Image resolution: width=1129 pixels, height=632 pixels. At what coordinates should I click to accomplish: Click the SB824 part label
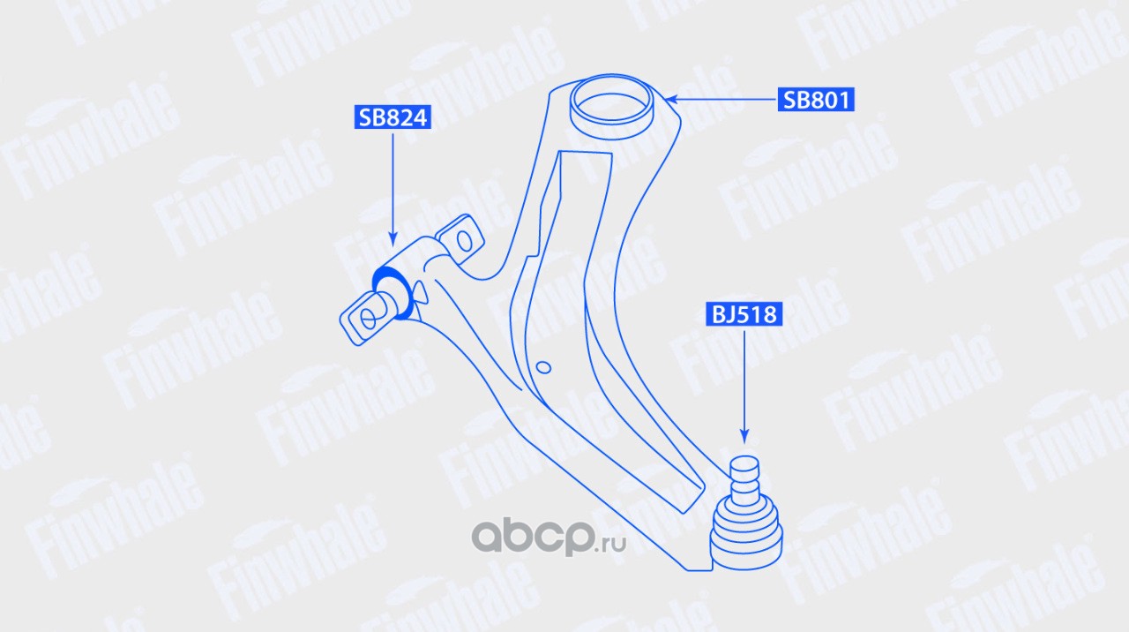pyautogui.click(x=393, y=117)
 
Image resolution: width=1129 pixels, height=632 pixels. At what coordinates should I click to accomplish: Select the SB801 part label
pyautogui.click(x=816, y=100)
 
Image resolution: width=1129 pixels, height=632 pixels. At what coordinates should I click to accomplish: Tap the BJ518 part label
pyautogui.click(x=744, y=314)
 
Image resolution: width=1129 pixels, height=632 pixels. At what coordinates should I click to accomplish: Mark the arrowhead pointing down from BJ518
pyautogui.click(x=744, y=437)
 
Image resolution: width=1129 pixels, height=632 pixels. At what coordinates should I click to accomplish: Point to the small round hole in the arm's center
pyautogui.click(x=543, y=367)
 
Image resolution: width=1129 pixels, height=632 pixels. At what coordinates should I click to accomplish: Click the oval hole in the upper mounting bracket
pyautogui.click(x=464, y=241)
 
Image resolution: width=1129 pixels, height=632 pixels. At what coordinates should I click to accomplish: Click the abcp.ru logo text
pyautogui.click(x=549, y=538)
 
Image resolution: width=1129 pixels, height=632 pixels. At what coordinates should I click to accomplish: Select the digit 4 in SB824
pyautogui.click(x=419, y=117)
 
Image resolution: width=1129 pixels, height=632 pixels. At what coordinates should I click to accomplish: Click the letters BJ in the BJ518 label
pyautogui.click(x=722, y=315)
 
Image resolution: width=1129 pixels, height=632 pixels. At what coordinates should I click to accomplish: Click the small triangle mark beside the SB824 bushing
pyautogui.click(x=421, y=293)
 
